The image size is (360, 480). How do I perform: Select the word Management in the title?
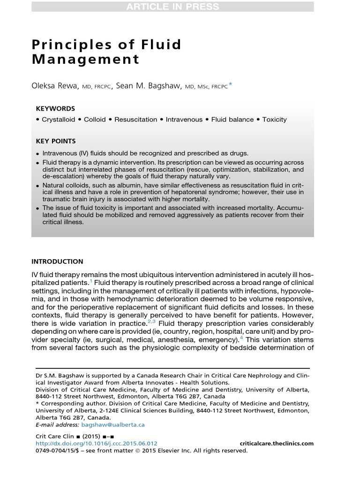85,60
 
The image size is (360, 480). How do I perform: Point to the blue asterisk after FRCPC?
230,85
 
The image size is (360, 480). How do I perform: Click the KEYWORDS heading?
55,108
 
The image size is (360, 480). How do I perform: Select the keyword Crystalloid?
58,120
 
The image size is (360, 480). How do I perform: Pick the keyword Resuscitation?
135,120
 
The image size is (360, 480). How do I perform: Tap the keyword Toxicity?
274,120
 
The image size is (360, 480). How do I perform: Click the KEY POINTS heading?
56,141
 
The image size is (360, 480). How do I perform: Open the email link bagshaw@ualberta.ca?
113,425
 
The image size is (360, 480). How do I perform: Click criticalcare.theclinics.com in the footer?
276,443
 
